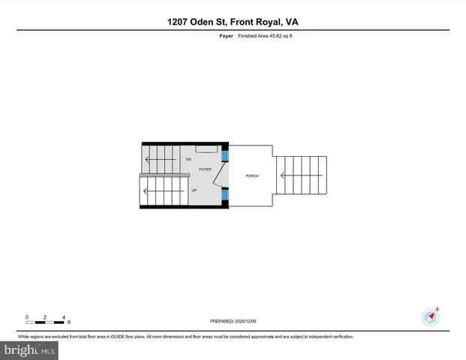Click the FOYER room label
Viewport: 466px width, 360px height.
pos(205,170)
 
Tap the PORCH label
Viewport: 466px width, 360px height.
pos(252,175)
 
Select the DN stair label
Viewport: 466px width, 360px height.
pos(189,160)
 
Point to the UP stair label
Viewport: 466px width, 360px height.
pos(194,190)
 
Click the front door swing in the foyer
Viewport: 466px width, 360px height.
pos(216,175)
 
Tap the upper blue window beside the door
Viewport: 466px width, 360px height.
pos(224,156)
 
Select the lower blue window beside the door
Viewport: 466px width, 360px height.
pos(224,196)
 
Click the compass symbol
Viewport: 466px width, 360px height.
pos(430,316)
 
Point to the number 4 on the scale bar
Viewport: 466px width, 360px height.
pos(64,317)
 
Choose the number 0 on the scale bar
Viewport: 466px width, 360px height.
pos(27,317)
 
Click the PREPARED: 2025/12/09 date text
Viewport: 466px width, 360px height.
pos(233,321)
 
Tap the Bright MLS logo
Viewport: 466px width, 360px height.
pos(29,350)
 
